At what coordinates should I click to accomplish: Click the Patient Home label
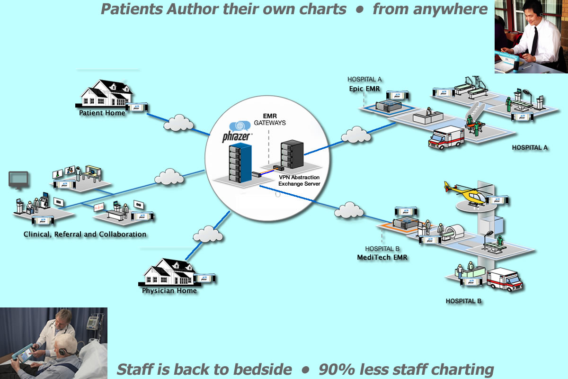(102, 113)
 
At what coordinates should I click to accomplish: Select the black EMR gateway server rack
(292, 154)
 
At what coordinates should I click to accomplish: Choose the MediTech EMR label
(382, 258)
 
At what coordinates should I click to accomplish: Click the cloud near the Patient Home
(178, 123)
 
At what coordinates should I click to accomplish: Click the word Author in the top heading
(184, 9)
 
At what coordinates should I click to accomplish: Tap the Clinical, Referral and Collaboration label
(85, 234)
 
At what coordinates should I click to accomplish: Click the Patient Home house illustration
(104, 93)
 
